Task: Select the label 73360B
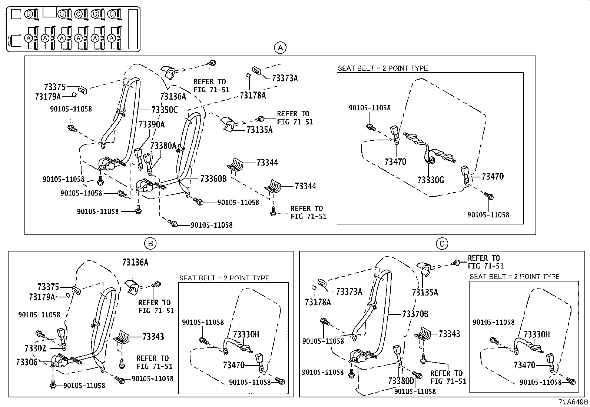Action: [x=213, y=179]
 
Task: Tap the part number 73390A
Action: [x=152, y=124]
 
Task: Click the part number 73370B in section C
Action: [x=415, y=314]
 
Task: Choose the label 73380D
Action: [x=401, y=381]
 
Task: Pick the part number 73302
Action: [x=36, y=348]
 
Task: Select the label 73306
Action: [x=27, y=362]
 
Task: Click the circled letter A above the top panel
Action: [x=280, y=48]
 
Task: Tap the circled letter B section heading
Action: [x=150, y=243]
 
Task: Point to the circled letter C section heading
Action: [x=442, y=243]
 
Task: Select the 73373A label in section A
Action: [x=285, y=78]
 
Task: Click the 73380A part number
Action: [x=163, y=146]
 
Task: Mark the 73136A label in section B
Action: [x=135, y=263]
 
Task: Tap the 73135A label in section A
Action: [x=259, y=130]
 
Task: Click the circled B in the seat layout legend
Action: [x=28, y=14]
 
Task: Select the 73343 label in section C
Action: [x=449, y=334]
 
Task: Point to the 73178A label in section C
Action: [x=318, y=302]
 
